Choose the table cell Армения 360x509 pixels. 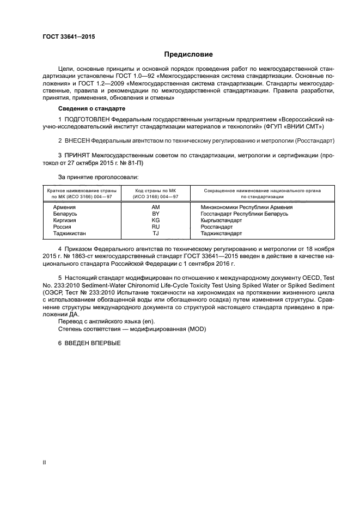tap(64, 207)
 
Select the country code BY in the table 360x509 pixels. tap(155, 214)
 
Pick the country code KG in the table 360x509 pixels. tap(155, 220)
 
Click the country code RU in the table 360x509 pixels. tap(155, 227)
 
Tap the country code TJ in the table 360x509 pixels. tap(155, 234)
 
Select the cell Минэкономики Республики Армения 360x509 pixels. tap(246, 207)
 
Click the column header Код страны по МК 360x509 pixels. tap(155, 191)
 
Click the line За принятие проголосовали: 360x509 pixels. tap(98, 177)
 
